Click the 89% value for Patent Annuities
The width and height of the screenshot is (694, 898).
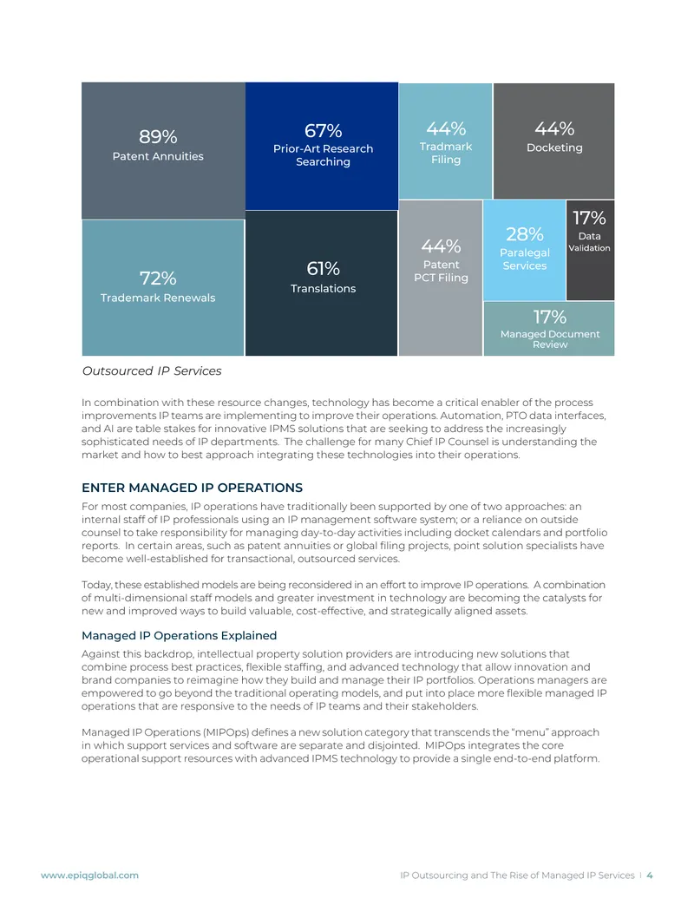coord(158,137)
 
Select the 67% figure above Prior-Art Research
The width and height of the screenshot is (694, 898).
coord(323,130)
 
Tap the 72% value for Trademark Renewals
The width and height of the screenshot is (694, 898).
coord(158,279)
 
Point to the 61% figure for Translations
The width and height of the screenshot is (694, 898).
coord(323,268)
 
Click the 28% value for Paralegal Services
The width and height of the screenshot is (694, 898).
coord(525,233)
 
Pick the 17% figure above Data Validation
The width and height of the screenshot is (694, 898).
coord(589,218)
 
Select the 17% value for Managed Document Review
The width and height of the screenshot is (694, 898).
coord(550,317)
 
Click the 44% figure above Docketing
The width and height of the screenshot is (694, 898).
coord(554,128)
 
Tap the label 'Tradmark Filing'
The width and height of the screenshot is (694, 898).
coord(446,153)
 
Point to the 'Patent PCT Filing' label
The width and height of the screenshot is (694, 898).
coord(441,272)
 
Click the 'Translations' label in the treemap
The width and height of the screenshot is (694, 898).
coord(323,289)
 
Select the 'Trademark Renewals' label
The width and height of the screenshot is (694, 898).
coord(158,298)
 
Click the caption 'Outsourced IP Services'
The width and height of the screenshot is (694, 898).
coord(152,371)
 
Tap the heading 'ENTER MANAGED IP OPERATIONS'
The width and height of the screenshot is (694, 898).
coord(192,488)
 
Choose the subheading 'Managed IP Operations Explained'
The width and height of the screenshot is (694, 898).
coord(180,636)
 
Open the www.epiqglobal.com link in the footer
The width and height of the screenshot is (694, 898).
coord(90,875)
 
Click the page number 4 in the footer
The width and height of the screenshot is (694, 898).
coord(650,875)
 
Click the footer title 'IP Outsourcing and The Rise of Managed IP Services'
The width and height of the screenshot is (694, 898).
coord(517,875)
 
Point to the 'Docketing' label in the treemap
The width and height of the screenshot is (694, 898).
coord(554,147)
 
